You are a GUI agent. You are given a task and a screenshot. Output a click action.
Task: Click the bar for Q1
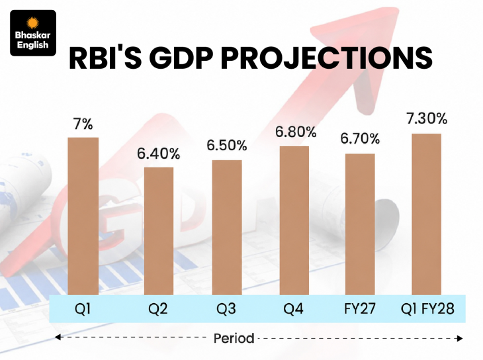83,216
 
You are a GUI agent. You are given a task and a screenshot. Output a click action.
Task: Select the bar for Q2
159,231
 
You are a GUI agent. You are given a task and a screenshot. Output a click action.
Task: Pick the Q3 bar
227,228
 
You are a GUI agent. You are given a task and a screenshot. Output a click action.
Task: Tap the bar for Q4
294,220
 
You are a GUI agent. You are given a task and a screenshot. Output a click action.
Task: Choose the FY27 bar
360,224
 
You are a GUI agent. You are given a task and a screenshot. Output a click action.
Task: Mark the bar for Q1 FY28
427,214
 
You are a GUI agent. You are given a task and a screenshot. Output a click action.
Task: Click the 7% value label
83,124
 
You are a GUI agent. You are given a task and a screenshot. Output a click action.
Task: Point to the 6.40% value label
159,154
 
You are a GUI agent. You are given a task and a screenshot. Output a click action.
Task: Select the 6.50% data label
227,146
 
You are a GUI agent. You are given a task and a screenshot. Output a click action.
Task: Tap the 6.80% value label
296,132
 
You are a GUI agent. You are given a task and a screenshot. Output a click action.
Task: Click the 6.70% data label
360,139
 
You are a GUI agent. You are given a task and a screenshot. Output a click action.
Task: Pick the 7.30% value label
427,118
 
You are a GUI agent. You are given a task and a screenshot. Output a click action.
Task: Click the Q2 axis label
157,308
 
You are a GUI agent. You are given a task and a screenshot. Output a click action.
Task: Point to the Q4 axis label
294,308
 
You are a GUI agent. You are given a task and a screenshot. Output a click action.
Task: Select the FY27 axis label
360,308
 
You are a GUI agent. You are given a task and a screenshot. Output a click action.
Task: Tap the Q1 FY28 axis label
427,308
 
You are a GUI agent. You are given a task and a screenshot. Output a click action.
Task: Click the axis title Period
234,338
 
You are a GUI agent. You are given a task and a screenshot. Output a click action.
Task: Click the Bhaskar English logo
33,33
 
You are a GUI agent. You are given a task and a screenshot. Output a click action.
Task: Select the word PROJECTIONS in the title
326,58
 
